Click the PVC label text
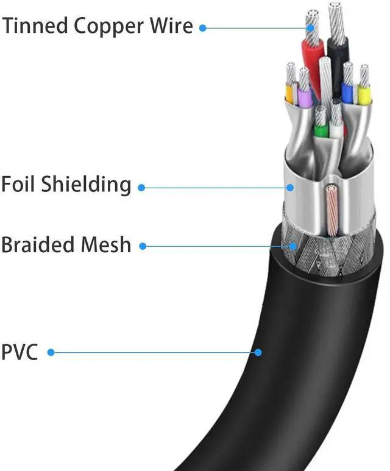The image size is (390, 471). point(19,352)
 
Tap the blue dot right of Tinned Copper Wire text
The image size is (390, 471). point(203,27)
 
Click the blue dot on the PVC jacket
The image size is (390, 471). point(258,352)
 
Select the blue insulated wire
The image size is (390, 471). point(347,92)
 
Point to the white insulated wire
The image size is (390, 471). point(336,128)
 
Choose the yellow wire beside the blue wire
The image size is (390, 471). point(364,94)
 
